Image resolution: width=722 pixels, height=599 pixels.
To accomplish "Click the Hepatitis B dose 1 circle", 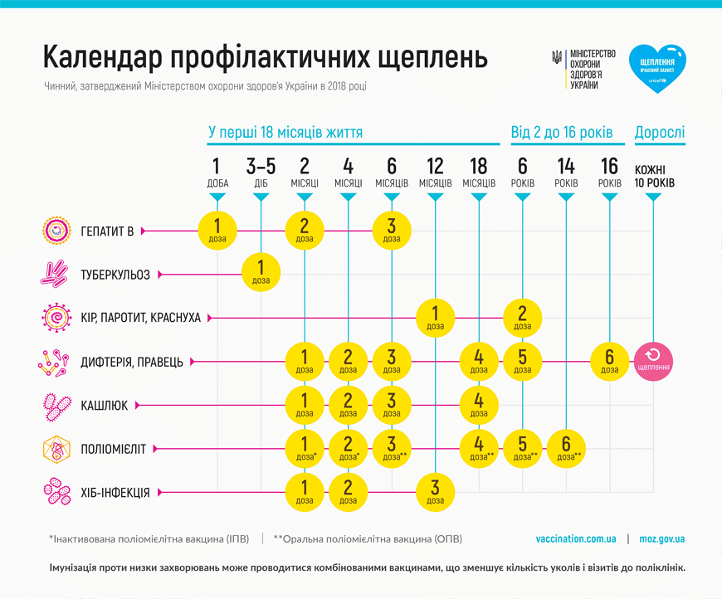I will (x=217, y=231).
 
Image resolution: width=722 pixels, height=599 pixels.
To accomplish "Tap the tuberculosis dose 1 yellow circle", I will (x=261, y=275).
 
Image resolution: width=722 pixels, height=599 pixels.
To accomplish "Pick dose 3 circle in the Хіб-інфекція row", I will (x=435, y=492).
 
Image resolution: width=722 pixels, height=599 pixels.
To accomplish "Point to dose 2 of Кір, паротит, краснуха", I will (x=522, y=318).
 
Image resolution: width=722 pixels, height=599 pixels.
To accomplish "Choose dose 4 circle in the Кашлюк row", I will (x=479, y=405).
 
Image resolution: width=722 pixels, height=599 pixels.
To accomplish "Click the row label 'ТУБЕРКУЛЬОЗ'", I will (x=116, y=275).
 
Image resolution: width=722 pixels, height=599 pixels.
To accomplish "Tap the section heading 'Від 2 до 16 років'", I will (x=562, y=132).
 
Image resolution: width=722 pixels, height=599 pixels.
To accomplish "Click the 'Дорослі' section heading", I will (x=660, y=132).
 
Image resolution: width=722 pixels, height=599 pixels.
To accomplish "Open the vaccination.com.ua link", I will (x=576, y=538).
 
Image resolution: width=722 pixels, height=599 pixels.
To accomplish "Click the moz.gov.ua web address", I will (x=661, y=538).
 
